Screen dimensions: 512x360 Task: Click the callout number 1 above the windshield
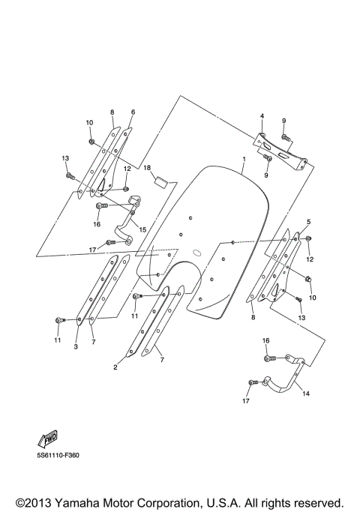(x=244, y=160)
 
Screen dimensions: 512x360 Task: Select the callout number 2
(x=115, y=367)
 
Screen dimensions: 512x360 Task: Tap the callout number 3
(x=76, y=346)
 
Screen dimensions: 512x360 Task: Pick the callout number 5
(x=307, y=223)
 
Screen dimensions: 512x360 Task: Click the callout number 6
(x=132, y=112)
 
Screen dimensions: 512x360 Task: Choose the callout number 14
(x=306, y=391)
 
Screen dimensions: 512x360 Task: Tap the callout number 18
(x=148, y=168)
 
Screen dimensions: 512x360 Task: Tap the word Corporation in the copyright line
(x=212, y=502)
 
